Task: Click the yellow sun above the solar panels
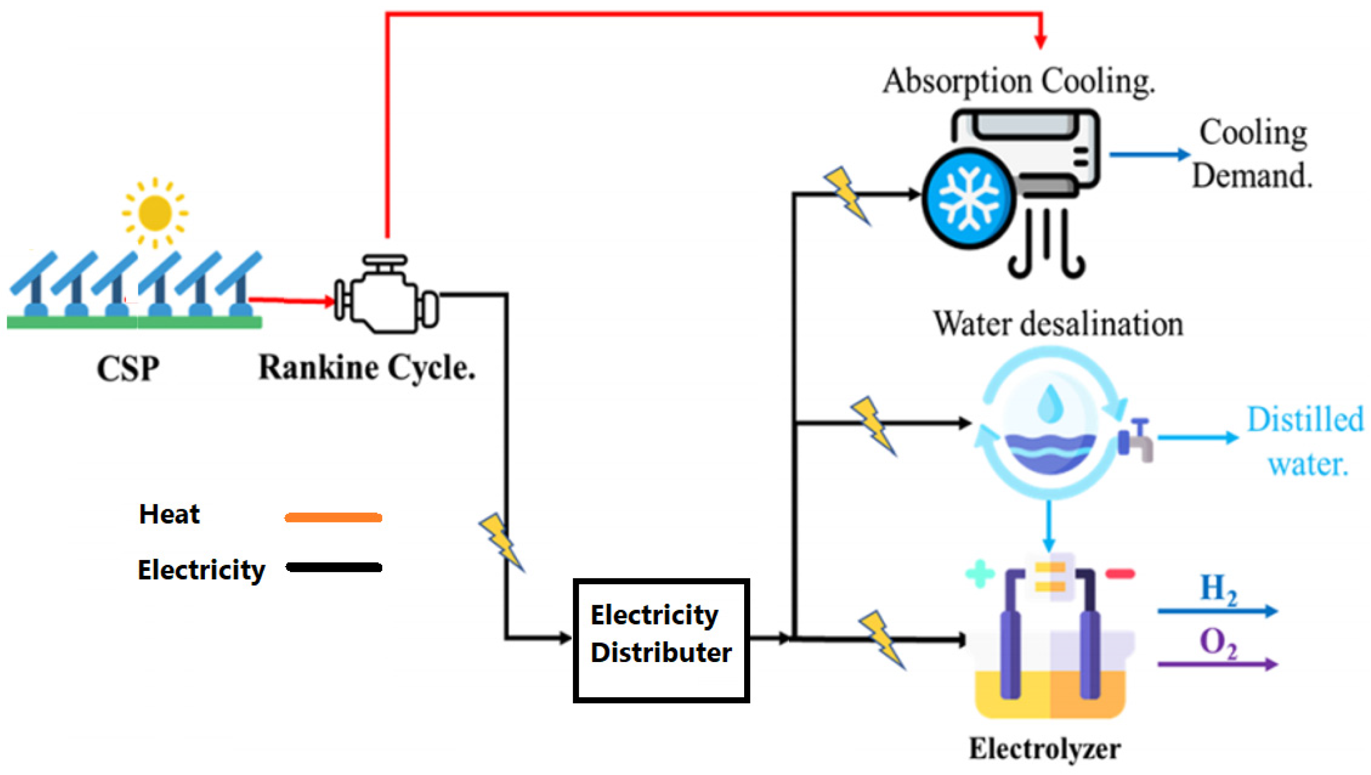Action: click(x=154, y=213)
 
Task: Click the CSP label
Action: click(x=128, y=368)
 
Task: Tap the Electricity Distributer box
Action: click(x=661, y=640)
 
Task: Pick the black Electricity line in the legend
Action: click(x=334, y=567)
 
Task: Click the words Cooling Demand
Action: click(x=1252, y=154)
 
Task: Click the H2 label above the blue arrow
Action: click(x=1218, y=589)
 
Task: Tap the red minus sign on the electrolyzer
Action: click(x=1120, y=574)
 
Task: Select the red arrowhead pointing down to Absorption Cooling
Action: click(x=1041, y=41)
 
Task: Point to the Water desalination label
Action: click(x=1058, y=324)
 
